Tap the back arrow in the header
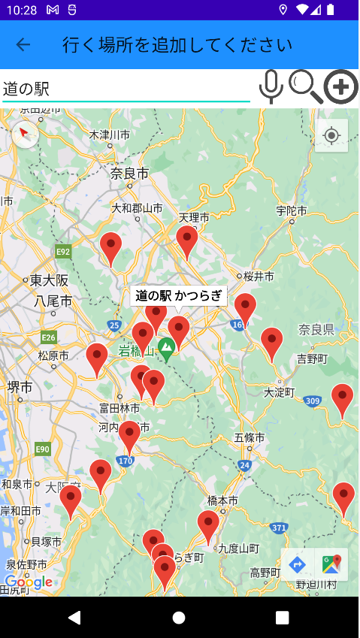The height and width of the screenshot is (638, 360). click(x=23, y=44)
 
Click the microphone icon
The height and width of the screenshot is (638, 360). click(x=271, y=86)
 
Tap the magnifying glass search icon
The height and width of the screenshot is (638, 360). click(x=305, y=86)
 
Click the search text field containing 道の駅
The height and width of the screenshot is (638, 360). click(x=126, y=88)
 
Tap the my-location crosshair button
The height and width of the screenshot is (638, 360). click(x=331, y=136)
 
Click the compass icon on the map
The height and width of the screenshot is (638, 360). click(x=25, y=135)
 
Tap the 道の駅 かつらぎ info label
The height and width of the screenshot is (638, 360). click(x=178, y=296)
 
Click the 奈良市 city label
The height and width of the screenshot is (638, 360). click(x=129, y=174)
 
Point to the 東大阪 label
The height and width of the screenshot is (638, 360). click(x=49, y=280)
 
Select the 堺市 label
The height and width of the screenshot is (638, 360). click(x=20, y=387)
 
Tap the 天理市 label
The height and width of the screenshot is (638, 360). click(x=194, y=218)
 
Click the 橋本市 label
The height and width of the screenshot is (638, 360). click(x=222, y=500)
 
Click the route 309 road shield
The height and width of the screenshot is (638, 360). click(x=313, y=401)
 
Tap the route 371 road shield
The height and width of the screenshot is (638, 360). click(x=280, y=528)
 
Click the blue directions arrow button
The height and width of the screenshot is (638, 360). click(x=298, y=564)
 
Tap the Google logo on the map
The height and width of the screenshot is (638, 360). click(x=29, y=582)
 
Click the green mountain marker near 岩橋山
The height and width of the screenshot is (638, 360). click(x=167, y=346)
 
